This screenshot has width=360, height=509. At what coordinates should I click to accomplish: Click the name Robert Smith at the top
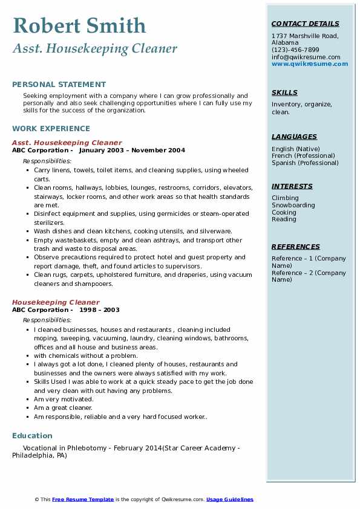(79, 25)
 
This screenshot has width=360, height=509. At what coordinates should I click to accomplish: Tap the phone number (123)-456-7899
(295, 50)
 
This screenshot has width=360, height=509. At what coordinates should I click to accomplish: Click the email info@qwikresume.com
(306, 57)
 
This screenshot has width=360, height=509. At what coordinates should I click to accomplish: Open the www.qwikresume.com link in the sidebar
(310, 63)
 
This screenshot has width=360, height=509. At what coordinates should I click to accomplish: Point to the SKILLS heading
(284, 92)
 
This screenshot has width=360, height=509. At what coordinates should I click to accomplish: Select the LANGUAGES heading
(294, 137)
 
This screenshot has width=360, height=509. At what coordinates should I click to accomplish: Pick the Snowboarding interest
(293, 205)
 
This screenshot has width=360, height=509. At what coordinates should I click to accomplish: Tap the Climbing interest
(285, 198)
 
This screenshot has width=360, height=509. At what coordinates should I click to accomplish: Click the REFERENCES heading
(296, 247)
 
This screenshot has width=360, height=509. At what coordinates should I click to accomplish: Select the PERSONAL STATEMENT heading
(59, 85)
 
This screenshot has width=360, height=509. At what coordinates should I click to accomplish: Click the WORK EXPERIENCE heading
(51, 129)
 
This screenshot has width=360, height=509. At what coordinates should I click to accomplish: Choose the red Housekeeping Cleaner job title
(56, 302)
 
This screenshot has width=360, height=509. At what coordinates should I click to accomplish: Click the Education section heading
(32, 436)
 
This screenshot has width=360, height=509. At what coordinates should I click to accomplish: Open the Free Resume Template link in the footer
(83, 499)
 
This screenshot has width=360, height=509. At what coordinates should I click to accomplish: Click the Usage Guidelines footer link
(229, 499)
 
